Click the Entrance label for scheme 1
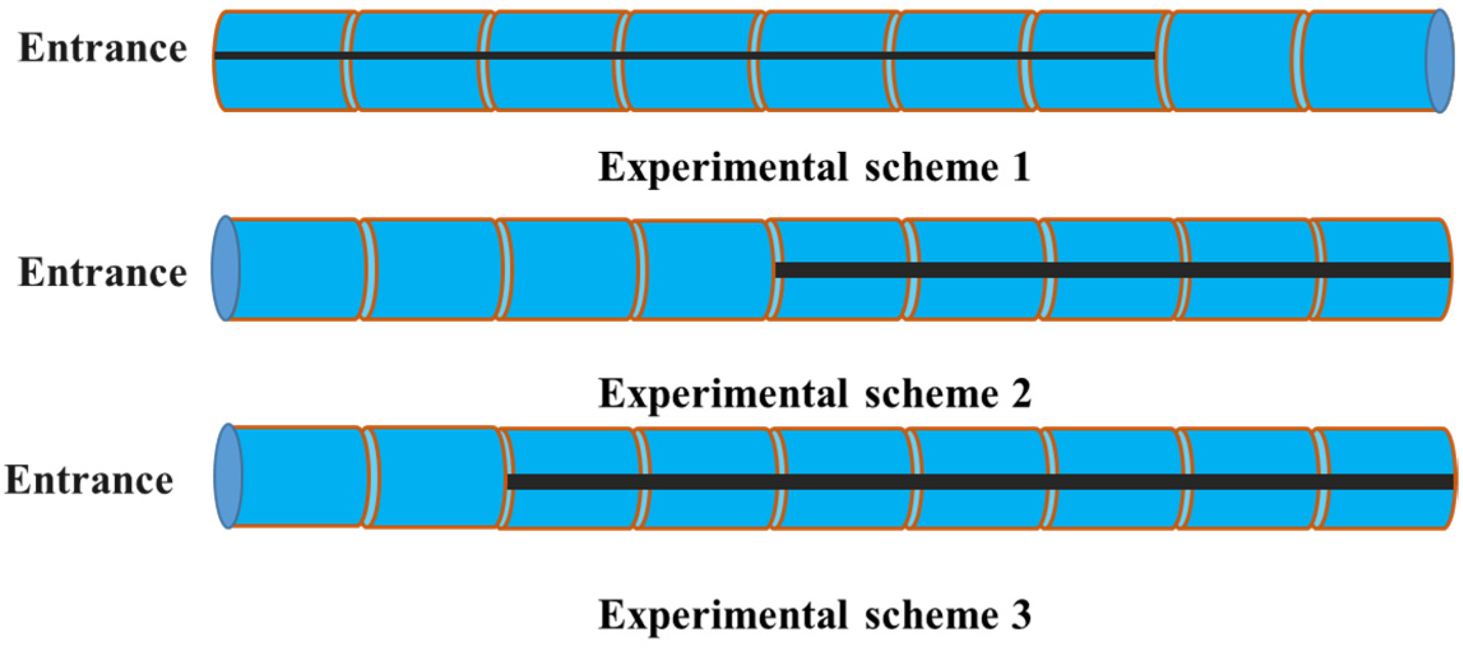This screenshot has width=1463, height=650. pos(103,48)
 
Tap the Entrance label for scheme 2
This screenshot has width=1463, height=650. pos(103,272)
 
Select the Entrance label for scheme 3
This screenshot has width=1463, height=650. pos(89,480)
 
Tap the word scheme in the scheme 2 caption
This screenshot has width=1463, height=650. pos(931,394)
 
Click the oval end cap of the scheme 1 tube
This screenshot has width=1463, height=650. pos(1439,61)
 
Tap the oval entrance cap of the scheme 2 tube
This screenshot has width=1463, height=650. pos(226,269)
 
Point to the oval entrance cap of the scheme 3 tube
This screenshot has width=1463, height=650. pos(228,476)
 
